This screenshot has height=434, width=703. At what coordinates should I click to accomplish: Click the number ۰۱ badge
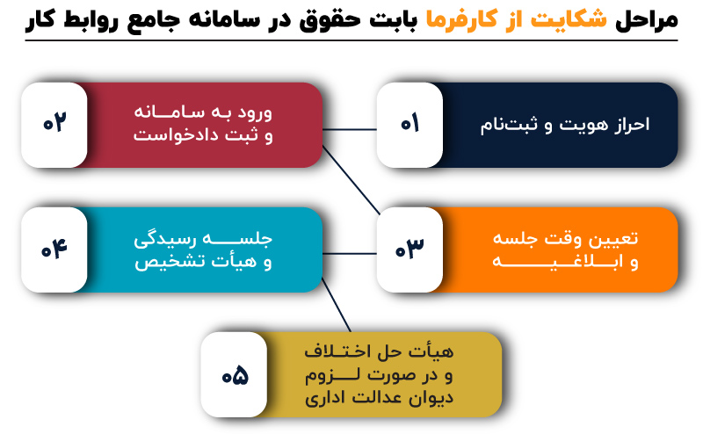point(410,125)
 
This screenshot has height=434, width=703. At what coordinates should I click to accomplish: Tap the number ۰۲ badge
point(54,125)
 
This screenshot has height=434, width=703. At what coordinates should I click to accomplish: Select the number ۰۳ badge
point(410,250)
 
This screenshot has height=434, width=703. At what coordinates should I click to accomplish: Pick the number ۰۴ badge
point(54,250)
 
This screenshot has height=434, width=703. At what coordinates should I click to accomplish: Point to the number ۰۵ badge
point(235,375)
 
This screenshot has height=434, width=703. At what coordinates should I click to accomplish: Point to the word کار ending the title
point(47,21)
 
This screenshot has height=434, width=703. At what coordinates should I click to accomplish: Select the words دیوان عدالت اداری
point(379,399)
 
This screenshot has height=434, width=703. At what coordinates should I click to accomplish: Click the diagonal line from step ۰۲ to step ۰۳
point(351,181)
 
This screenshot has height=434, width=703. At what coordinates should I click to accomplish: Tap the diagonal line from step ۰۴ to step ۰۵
point(337,303)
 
